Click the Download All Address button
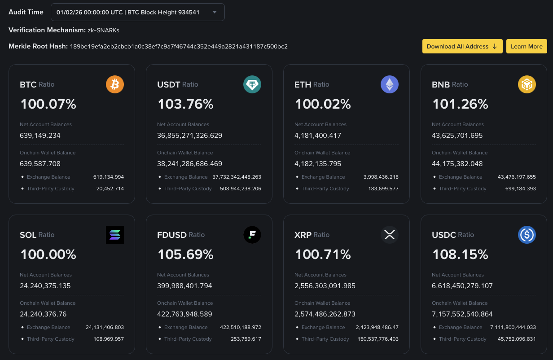tap(462, 46)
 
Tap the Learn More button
tap(527, 46)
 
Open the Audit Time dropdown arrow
tap(215, 12)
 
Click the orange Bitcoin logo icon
tap(115, 84)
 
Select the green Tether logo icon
tap(252, 84)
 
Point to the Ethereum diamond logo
tap(390, 84)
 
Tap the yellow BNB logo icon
tap(527, 84)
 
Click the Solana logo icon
tap(115, 235)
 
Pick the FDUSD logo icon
tap(252, 235)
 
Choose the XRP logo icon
tap(390, 235)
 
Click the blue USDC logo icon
tap(527, 235)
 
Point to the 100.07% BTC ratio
tap(48, 104)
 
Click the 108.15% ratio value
tap(460, 255)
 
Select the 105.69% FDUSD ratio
tap(185, 255)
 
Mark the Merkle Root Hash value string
tap(179, 46)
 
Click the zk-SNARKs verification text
tap(103, 30)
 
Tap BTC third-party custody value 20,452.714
tap(110, 189)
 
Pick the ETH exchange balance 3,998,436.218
tap(381, 177)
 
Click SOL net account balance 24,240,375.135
tap(45, 285)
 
